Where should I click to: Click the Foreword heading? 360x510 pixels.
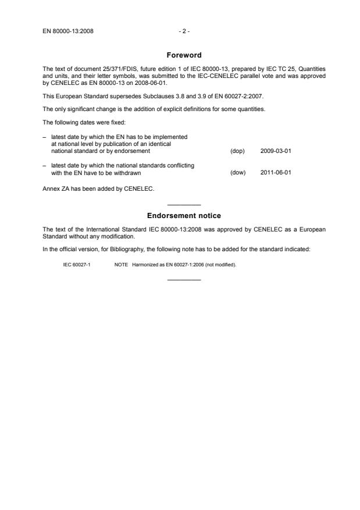tap(184, 55)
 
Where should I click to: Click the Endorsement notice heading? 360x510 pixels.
tap(184, 216)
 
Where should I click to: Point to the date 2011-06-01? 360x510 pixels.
tap(276, 172)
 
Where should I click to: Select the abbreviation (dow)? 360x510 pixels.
tap(238, 172)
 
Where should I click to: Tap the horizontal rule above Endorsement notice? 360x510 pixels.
tap(184, 205)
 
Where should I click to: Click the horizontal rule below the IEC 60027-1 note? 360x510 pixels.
tap(184, 280)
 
